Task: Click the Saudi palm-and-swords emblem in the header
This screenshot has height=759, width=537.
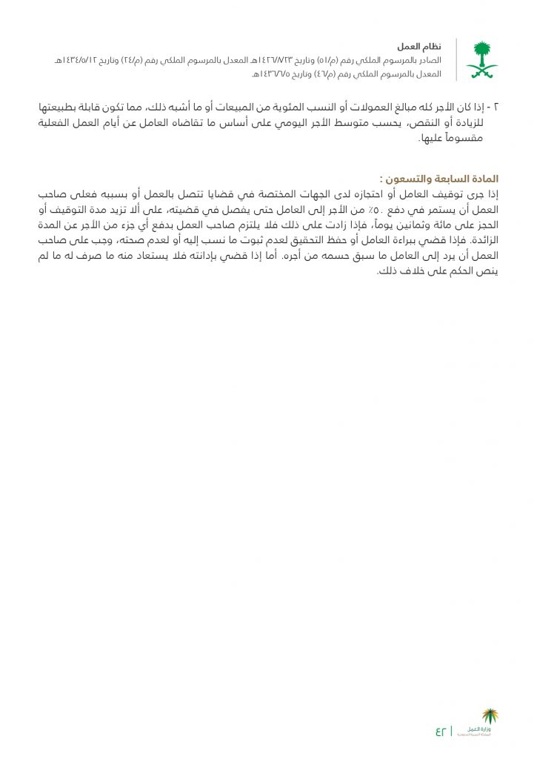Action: pyautogui.click(x=481, y=60)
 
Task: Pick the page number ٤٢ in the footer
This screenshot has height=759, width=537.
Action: pyautogui.click(x=441, y=731)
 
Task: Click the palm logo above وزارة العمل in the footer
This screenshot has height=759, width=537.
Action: pyautogui.click(x=490, y=717)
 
